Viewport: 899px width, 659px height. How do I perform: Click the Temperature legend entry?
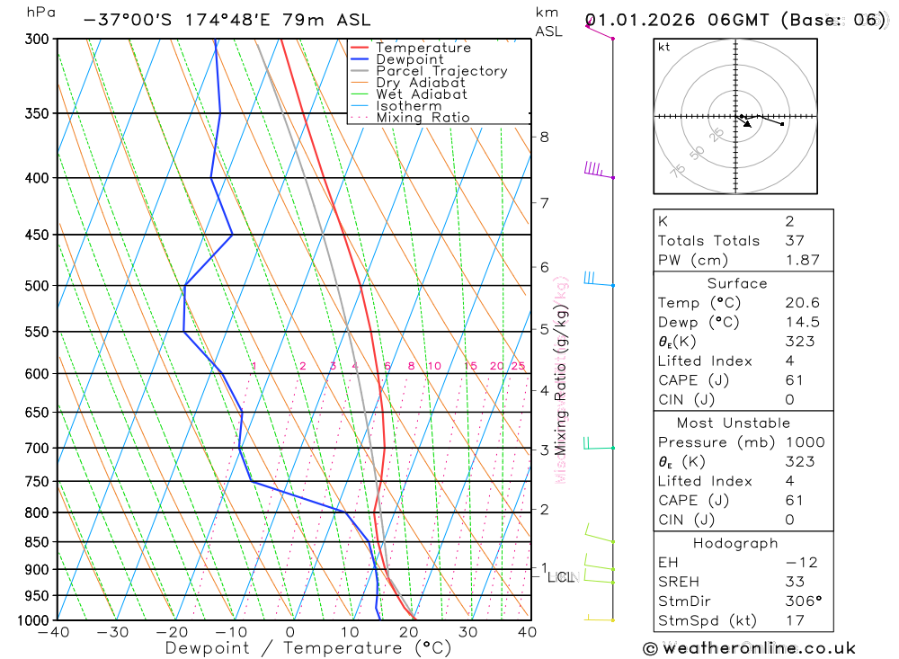click(423, 49)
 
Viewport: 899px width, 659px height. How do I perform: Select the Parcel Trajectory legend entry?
click(441, 71)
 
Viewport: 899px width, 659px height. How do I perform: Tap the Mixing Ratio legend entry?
click(423, 118)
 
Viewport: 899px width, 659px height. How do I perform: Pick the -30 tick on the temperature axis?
click(113, 632)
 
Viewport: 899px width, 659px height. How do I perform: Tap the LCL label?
click(560, 577)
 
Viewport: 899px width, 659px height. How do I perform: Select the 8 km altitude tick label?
click(544, 137)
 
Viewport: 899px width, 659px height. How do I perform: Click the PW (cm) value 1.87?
click(802, 260)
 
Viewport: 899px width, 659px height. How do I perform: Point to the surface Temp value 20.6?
click(802, 303)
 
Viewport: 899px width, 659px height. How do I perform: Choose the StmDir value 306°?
click(802, 601)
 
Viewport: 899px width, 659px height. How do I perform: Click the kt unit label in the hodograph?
click(664, 47)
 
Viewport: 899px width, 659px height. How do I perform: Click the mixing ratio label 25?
click(518, 366)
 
